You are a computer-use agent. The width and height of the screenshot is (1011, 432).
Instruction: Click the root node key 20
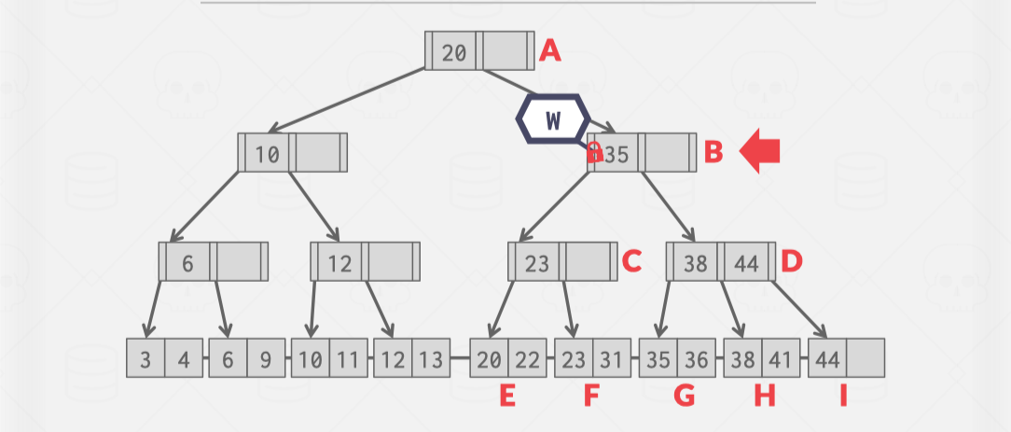[x=454, y=52]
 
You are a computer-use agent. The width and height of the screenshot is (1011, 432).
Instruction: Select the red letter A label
[x=551, y=50]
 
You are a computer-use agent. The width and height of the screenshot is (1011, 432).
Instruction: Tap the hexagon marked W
[x=553, y=119]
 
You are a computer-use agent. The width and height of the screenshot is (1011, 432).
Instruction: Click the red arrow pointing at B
[x=759, y=152]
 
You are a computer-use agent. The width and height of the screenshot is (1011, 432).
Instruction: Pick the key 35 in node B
[x=616, y=154]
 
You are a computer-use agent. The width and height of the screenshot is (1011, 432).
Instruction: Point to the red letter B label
[x=713, y=152]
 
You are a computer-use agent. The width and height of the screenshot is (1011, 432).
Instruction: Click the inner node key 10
[x=268, y=154]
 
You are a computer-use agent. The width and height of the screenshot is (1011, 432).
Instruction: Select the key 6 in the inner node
[x=187, y=263]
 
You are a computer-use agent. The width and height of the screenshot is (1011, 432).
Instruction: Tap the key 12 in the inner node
[x=339, y=263]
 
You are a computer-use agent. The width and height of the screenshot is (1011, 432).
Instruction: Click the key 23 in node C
[x=537, y=263]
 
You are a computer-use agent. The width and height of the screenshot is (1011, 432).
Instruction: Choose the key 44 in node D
[x=746, y=263]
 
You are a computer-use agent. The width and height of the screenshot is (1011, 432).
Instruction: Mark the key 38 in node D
[x=696, y=263]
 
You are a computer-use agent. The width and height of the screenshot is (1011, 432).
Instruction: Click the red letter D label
[x=792, y=262]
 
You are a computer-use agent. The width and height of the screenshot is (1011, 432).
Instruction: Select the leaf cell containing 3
[x=146, y=358]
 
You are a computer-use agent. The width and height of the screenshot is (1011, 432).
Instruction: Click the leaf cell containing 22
[x=529, y=358]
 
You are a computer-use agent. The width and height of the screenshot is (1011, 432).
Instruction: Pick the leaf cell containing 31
[x=611, y=358]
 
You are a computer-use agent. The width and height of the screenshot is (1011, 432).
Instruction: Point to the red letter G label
[x=685, y=396]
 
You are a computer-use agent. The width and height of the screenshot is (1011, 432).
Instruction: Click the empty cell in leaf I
[x=866, y=358]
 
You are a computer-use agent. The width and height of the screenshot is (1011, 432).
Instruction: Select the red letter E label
[x=507, y=396]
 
